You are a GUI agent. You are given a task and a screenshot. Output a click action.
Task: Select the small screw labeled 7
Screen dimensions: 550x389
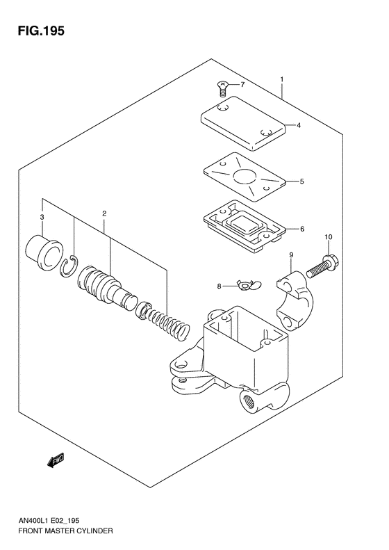coord(222,88)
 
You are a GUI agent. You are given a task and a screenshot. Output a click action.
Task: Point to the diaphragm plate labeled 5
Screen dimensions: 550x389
coord(243,179)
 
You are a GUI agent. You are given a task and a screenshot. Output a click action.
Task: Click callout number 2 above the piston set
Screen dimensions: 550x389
coord(104,213)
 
